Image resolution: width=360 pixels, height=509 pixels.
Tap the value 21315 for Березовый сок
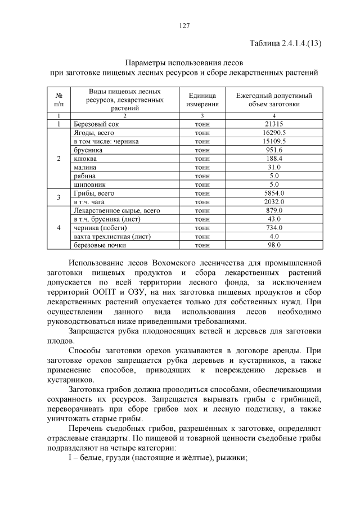pos(274,124)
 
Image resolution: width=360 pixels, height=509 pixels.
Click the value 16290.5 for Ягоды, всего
pos(274,133)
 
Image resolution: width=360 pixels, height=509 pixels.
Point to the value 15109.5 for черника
pos(274,141)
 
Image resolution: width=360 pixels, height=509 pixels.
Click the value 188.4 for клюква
pos(274,159)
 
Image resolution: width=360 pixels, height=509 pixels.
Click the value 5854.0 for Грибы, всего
pos(274,193)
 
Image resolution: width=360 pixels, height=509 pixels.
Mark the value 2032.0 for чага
pos(274,201)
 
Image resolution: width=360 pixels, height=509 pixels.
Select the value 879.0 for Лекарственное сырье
pos(274,210)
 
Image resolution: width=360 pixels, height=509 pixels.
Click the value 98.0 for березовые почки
pos(274,245)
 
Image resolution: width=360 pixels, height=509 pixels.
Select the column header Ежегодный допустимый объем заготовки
pos(274,100)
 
